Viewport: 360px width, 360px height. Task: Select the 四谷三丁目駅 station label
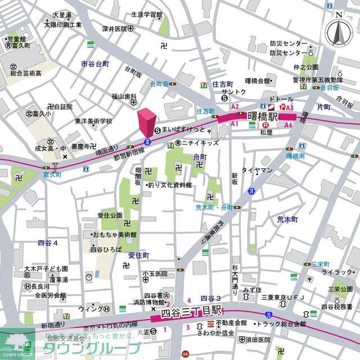[192, 310]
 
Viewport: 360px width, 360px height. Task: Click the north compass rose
[339, 33]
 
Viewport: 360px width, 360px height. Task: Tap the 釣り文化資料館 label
[169, 184]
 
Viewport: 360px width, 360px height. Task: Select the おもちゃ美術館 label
[114, 234]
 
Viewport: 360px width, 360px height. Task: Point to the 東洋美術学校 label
[93, 121]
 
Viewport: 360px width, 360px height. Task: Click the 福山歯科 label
[124, 96]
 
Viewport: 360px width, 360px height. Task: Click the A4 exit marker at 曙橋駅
[288, 125]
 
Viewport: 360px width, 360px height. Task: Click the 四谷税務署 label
[335, 307]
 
